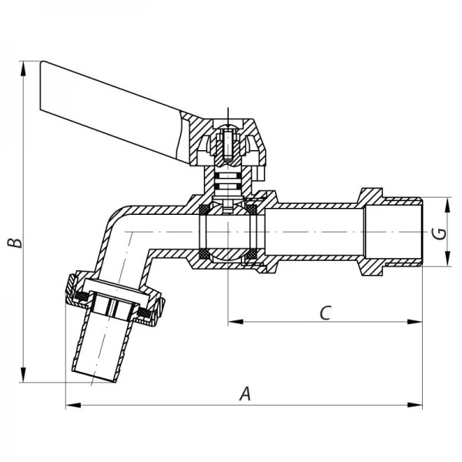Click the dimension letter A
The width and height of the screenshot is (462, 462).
pyautogui.click(x=245, y=393)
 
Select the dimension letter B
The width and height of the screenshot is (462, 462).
pyautogui.click(x=13, y=243)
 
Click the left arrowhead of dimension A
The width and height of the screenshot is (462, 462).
pyautogui.click(x=70, y=404)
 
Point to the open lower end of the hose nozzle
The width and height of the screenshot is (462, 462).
pyautogui.click(x=94, y=375)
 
